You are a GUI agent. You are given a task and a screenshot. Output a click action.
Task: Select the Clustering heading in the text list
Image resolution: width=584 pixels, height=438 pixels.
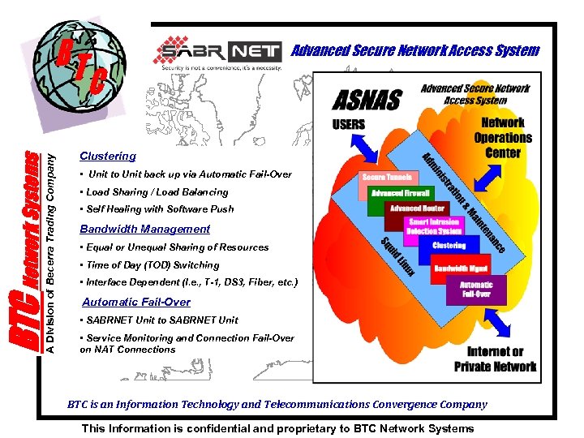pyautogui.click(x=108, y=156)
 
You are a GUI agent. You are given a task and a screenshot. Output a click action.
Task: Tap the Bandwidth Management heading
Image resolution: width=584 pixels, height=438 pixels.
pyautogui.click(x=144, y=229)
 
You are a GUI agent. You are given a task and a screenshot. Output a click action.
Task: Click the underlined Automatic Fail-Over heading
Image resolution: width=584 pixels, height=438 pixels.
pyautogui.click(x=136, y=302)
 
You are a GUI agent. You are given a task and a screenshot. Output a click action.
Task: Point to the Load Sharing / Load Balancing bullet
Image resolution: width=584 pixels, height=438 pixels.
pyautogui.click(x=154, y=192)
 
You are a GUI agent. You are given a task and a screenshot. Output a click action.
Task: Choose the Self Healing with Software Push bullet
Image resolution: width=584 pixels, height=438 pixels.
pyautogui.click(x=157, y=208)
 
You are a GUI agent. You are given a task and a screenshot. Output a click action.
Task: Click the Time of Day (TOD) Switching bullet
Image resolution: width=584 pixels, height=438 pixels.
pyautogui.click(x=149, y=265)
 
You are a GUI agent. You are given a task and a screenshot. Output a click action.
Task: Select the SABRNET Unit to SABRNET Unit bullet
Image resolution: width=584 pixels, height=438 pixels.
pyautogui.click(x=159, y=320)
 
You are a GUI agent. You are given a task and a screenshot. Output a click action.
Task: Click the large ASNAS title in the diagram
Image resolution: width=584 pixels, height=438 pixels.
pyautogui.click(x=367, y=100)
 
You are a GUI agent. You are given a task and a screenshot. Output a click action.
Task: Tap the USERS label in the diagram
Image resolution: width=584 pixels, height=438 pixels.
pyautogui.click(x=349, y=125)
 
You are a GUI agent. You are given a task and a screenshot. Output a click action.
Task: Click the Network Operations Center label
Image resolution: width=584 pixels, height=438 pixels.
pyautogui.click(x=503, y=138)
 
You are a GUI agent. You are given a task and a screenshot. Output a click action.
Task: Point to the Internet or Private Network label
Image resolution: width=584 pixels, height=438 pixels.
pyautogui.click(x=495, y=359)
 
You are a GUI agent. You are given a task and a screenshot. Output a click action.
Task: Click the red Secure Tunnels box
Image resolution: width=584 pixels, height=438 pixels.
pyautogui.click(x=387, y=177)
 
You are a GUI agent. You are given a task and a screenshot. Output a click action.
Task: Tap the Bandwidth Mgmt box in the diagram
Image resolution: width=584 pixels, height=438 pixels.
pyautogui.click(x=460, y=267)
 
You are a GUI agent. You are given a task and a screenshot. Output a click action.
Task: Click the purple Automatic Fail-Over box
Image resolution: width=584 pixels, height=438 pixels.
pyautogui.click(x=476, y=290)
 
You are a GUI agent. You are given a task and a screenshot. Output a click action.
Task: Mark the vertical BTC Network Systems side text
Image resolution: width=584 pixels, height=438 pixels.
pyautogui.click(x=29, y=251)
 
